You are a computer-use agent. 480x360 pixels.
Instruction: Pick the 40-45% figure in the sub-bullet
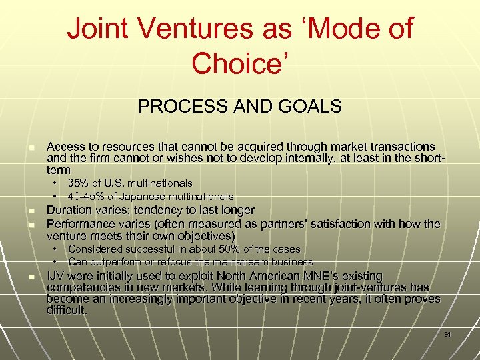(89, 197)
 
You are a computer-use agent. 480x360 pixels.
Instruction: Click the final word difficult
(67, 310)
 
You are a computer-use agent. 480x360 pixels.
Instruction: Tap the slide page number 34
(447, 334)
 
